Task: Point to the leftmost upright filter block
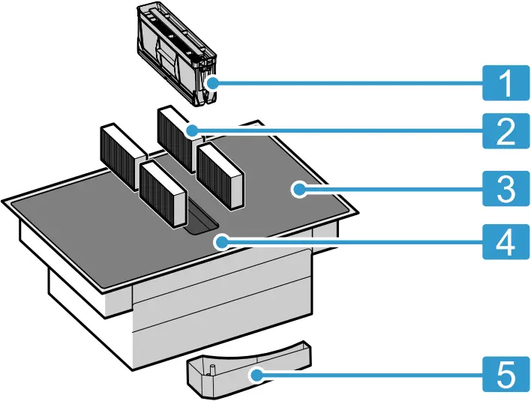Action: tap(121, 149)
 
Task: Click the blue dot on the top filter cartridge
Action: tap(212, 82)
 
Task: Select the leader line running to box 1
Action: tap(345, 82)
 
